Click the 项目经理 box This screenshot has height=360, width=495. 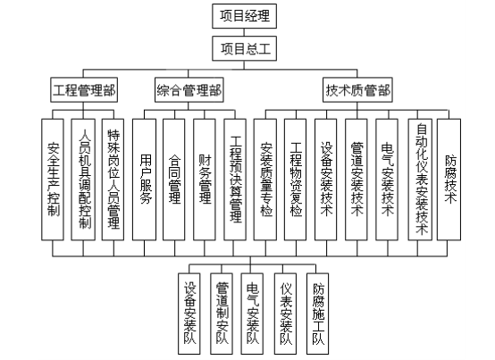click(x=244, y=16)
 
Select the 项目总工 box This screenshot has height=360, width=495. click(x=244, y=48)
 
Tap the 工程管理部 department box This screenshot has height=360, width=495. click(x=84, y=90)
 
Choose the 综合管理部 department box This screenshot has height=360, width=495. click(x=189, y=90)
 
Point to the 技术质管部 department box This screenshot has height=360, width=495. click(x=357, y=90)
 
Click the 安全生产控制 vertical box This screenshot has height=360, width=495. click(x=53, y=180)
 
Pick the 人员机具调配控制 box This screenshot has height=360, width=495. click(x=83, y=180)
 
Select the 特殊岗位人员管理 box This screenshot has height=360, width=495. click(x=113, y=180)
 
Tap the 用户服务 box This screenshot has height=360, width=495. click(x=144, y=180)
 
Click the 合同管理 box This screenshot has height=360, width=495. click(x=174, y=180)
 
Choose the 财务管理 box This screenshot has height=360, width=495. click(x=205, y=180)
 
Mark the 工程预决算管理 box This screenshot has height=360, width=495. click(x=235, y=180)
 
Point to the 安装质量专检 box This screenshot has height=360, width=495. click(x=265, y=180)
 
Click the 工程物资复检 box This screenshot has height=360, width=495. click(x=295, y=180)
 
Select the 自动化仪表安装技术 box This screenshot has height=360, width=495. click(x=420, y=180)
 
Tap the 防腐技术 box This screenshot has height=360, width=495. click(x=449, y=180)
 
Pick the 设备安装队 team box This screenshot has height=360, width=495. click(x=189, y=314)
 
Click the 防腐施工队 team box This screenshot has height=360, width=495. click(x=317, y=314)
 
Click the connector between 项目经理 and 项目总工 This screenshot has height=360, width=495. click(x=244, y=32)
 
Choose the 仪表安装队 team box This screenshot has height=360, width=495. click(x=285, y=314)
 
